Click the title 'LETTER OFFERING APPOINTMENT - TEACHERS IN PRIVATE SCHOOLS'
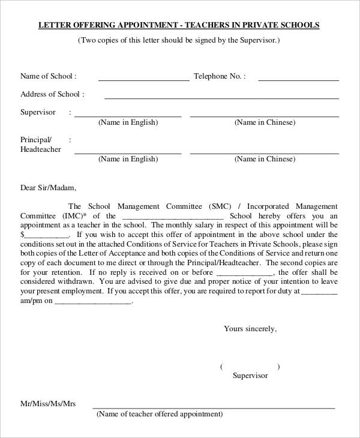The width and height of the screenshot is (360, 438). click(x=179, y=25)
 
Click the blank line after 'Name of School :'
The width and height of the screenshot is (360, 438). click(x=143, y=79)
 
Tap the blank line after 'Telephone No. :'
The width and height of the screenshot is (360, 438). click(x=298, y=79)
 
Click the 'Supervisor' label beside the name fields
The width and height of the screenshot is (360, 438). click(x=38, y=112)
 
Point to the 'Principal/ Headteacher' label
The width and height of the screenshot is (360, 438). click(x=40, y=144)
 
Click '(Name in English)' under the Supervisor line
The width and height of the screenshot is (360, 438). click(x=128, y=122)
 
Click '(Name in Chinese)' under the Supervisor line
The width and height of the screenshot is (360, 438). click(x=265, y=122)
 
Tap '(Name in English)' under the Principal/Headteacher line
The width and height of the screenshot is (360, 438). click(x=128, y=159)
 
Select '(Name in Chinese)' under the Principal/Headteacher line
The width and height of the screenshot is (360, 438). click(x=265, y=159)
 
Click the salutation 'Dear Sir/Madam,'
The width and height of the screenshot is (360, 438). click(x=49, y=187)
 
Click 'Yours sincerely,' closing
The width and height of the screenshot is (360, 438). click(x=250, y=329)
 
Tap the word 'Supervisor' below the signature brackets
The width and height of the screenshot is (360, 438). click(x=250, y=376)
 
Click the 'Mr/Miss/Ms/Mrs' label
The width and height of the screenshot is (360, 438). click(x=48, y=404)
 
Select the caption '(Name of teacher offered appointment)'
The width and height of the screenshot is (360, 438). click(x=159, y=414)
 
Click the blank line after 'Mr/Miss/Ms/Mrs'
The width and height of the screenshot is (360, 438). click(x=214, y=407)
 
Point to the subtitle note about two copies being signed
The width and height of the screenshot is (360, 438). click(x=179, y=40)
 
